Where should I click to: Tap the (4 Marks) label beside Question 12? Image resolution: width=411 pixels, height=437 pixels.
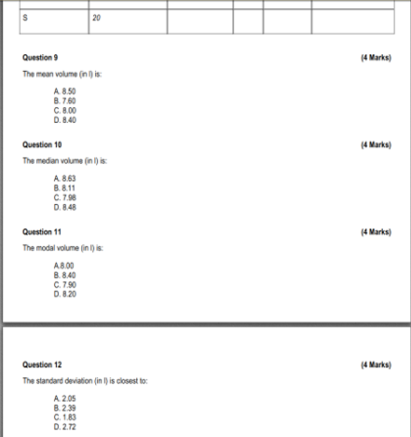tap(375, 365)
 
